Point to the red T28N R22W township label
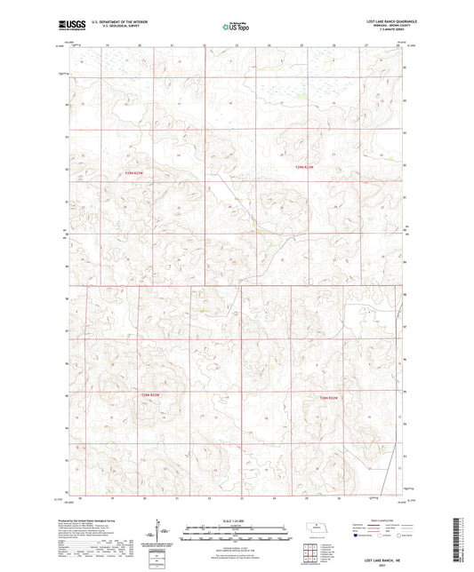(x=330, y=398)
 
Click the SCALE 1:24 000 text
(x=237, y=520)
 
